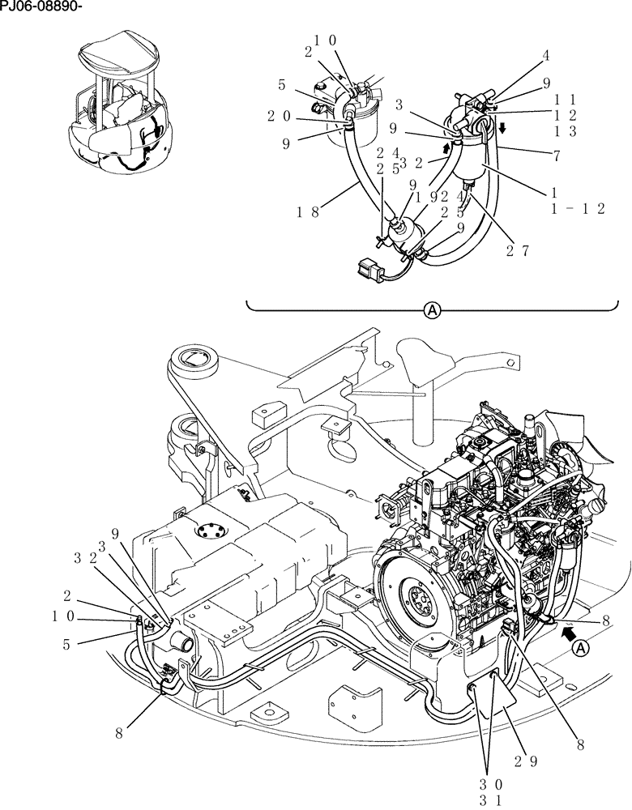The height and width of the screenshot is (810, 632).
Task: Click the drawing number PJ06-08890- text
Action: (41, 8)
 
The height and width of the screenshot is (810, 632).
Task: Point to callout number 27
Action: (518, 251)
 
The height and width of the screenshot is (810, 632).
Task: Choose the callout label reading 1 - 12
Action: (578, 208)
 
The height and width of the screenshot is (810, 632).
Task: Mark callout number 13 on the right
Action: (565, 130)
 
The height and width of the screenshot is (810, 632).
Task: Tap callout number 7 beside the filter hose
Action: (556, 156)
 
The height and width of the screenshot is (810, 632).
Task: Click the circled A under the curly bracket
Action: (433, 310)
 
